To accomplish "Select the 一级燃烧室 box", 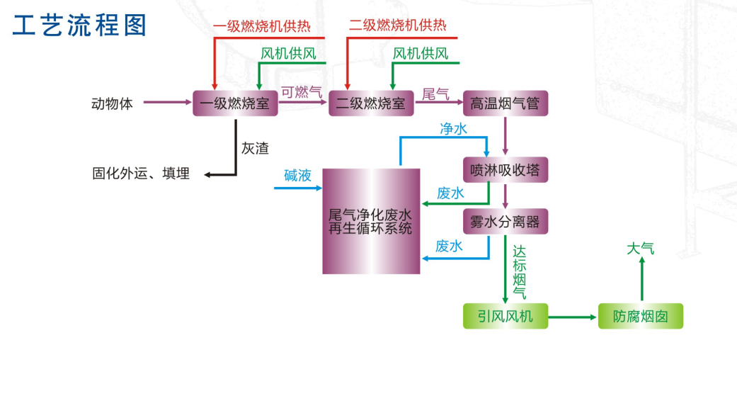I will pos(235,103).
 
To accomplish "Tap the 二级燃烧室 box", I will pos(371,103).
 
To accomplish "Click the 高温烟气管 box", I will pos(505,103).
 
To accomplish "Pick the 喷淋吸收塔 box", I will pos(505,170).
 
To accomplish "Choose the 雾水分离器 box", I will pos(505,222).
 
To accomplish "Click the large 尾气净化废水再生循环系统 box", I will pos(371,221).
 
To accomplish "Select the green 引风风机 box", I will pos(505,316).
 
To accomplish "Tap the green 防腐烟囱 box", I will pos(641,316).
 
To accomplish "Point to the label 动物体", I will pos(112,104).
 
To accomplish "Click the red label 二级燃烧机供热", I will pos(398,26).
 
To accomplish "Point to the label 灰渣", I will pos(255,149).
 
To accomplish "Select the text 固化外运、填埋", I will pos(141,174).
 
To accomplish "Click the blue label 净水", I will pos(453,129).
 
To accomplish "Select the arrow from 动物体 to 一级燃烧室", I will pos(168,103).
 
